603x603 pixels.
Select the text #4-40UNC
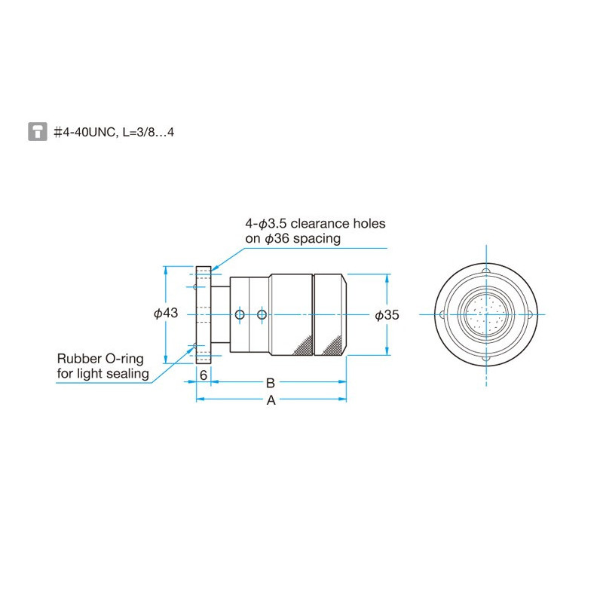pyautogui.click(x=84, y=132)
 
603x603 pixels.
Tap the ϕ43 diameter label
pyautogui.click(x=166, y=313)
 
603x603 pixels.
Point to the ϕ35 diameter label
pyautogui.click(x=387, y=315)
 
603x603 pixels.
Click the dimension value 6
pyautogui.click(x=204, y=374)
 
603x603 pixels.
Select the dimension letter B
pyautogui.click(x=271, y=383)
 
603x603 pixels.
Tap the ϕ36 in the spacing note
pyautogui.click(x=277, y=239)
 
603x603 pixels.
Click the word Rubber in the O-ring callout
pyautogui.click(x=78, y=358)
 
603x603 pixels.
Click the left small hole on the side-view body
pyautogui.click(x=240, y=314)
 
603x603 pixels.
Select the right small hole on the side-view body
pyautogui.click(x=262, y=314)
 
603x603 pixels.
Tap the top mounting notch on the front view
pyautogui.click(x=486, y=271)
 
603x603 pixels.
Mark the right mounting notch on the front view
pyautogui.click(x=533, y=314)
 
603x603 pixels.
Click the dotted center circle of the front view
pyautogui.click(x=486, y=314)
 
